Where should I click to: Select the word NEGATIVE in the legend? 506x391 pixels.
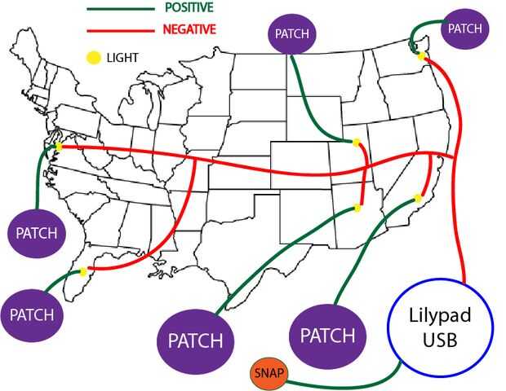click(x=189, y=29)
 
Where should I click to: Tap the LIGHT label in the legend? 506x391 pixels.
click(x=122, y=58)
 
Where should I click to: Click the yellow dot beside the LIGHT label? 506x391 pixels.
click(x=93, y=58)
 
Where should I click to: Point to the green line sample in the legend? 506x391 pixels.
click(x=121, y=8)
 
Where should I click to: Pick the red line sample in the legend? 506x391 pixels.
click(x=121, y=29)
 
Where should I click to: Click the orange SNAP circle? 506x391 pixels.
click(x=269, y=372)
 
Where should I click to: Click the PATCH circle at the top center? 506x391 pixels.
click(x=291, y=34)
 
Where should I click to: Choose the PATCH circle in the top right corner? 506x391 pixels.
click(x=465, y=29)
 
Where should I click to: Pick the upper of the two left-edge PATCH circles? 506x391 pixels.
click(x=37, y=233)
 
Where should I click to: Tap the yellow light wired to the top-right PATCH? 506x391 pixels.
click(x=421, y=56)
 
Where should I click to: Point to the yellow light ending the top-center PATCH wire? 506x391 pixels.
click(x=355, y=142)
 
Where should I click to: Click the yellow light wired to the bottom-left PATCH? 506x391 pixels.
click(x=82, y=272)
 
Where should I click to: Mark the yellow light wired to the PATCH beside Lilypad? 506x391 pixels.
click(x=417, y=198)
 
